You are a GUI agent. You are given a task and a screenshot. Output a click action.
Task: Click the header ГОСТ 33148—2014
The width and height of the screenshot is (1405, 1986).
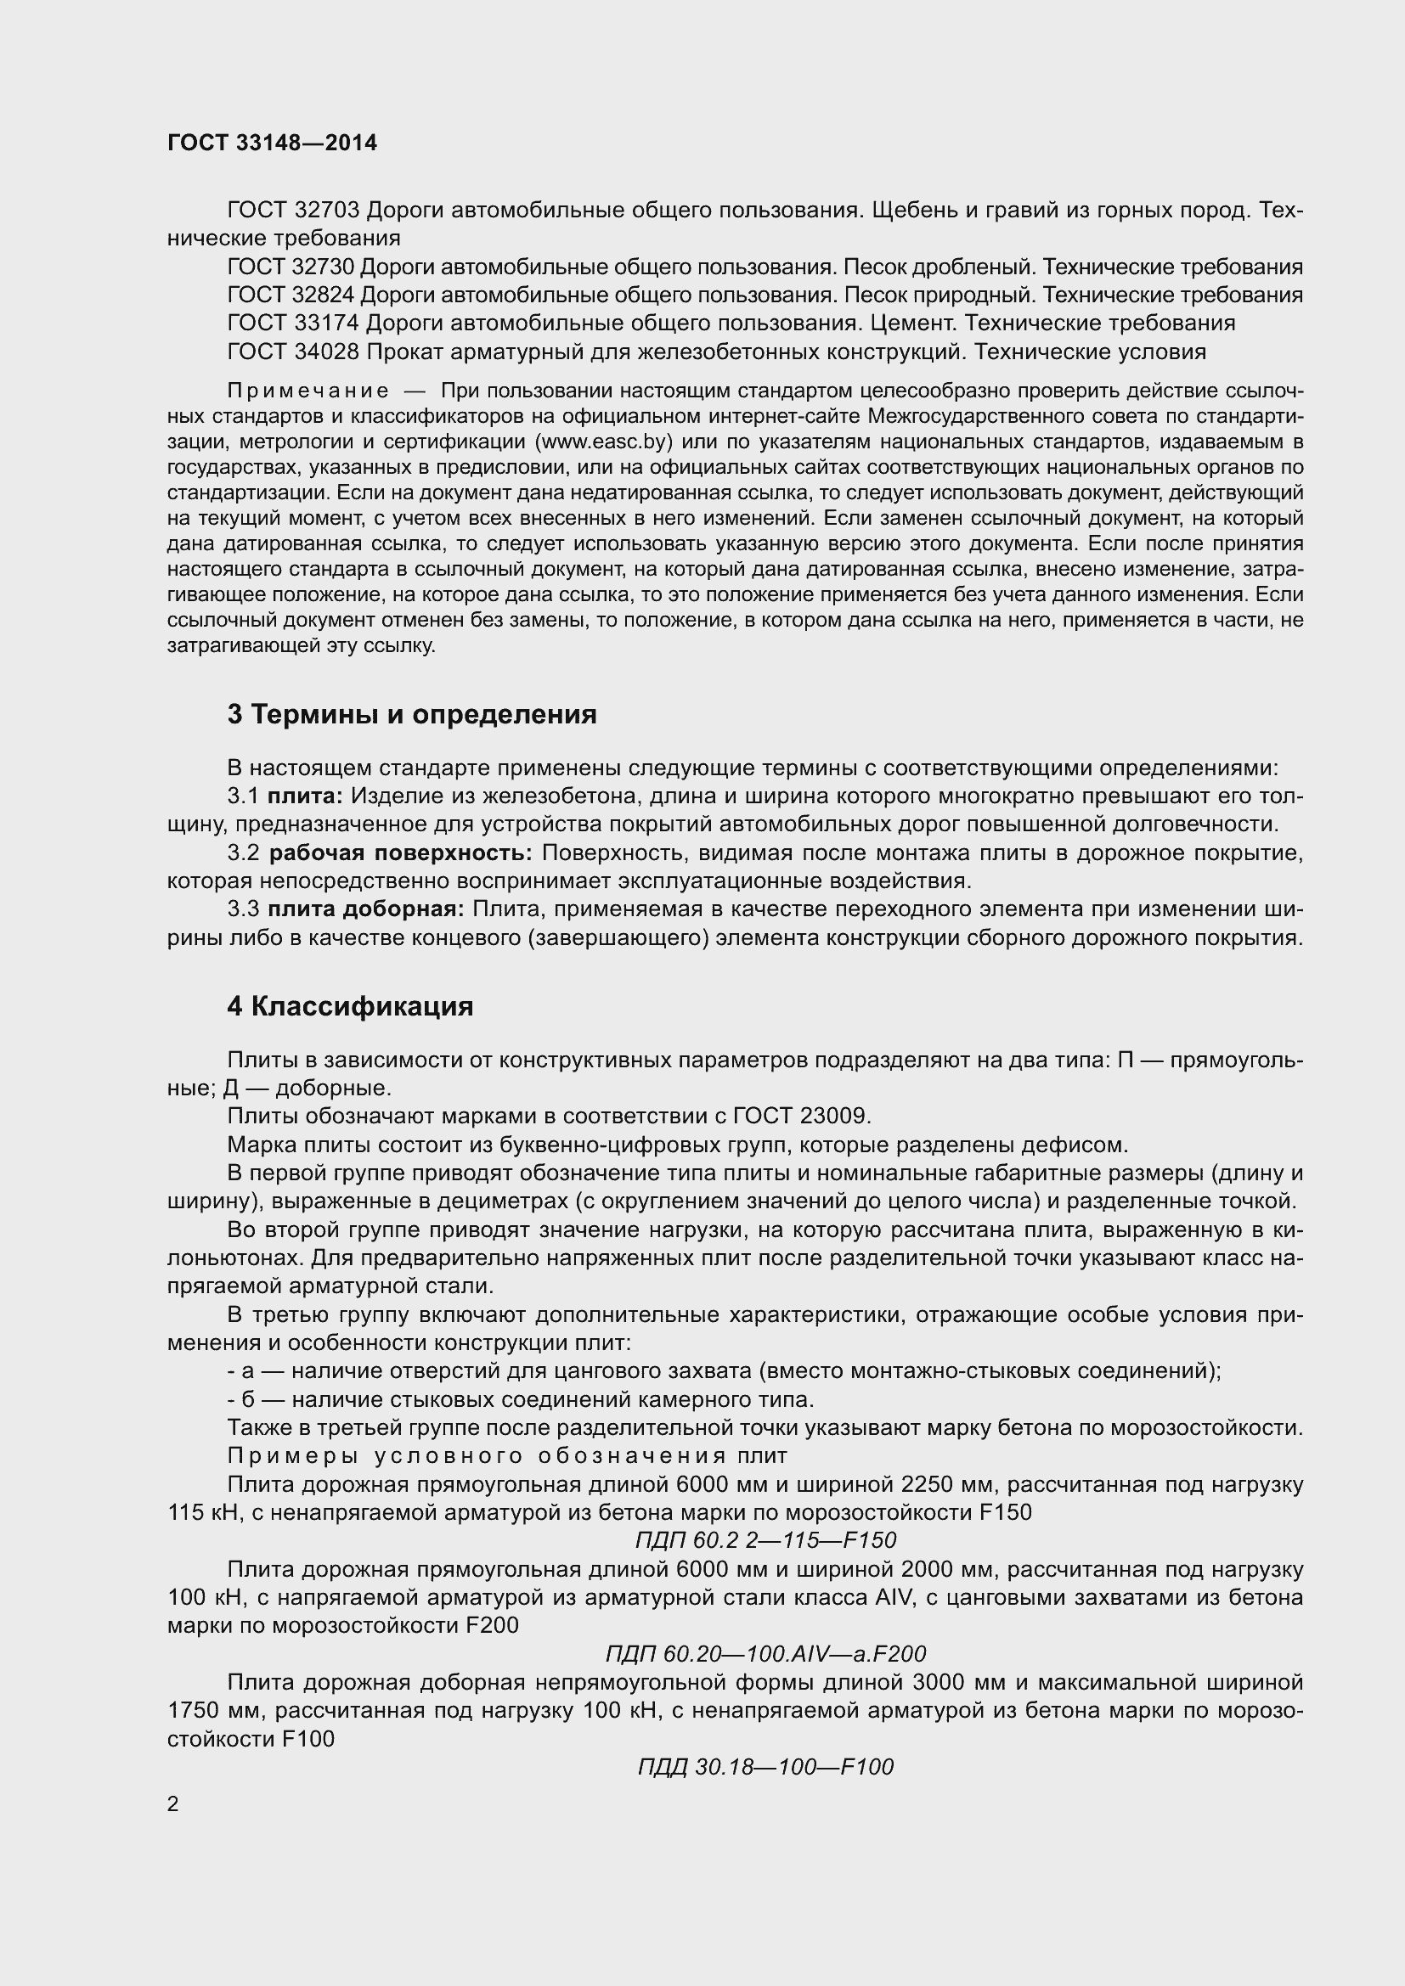(x=273, y=143)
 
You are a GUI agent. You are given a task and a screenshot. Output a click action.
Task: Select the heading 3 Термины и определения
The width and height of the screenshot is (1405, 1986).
(x=412, y=714)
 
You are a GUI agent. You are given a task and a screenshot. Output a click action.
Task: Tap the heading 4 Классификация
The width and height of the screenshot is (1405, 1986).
(x=350, y=1007)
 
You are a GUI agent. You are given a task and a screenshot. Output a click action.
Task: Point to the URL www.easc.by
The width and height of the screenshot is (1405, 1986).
(x=605, y=442)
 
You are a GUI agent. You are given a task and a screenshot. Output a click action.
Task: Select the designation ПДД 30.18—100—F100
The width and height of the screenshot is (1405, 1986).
(x=765, y=1766)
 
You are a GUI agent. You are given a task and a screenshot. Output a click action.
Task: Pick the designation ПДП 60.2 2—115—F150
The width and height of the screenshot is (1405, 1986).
(x=765, y=1540)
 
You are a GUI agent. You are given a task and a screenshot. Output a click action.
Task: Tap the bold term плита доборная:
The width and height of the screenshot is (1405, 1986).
(x=366, y=910)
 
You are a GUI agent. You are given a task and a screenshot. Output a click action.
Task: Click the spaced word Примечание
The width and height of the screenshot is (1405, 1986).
(x=308, y=391)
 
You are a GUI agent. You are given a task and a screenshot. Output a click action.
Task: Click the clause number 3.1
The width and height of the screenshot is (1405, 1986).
(x=243, y=796)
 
